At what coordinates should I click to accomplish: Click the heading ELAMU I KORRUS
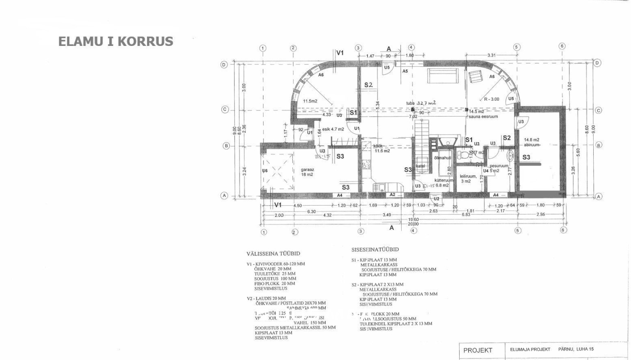[x=116, y=41]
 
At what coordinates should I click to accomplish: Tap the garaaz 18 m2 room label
[x=308, y=172]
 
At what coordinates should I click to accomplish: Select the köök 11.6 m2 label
[x=381, y=148]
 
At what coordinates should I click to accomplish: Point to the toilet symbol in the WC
[x=463, y=156]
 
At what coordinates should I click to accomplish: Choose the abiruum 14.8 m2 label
[x=532, y=142]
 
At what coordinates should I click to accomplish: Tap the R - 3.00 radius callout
[x=491, y=99]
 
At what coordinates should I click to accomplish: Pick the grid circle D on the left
[x=224, y=64]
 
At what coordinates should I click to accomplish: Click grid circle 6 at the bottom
[x=564, y=230]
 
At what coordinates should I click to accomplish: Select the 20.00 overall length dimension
[x=413, y=224]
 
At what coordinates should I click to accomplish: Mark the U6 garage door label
[x=265, y=171]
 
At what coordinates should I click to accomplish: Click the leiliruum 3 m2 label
[x=468, y=179]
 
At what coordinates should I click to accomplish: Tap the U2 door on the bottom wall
[x=436, y=198]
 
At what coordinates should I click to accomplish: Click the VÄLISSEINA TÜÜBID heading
[x=273, y=254]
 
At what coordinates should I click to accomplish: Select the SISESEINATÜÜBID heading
[x=375, y=249]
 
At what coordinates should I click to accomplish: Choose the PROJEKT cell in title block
[x=478, y=351]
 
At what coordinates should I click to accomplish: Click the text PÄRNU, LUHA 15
[x=576, y=349]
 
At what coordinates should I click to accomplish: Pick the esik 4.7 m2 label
[x=333, y=129]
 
